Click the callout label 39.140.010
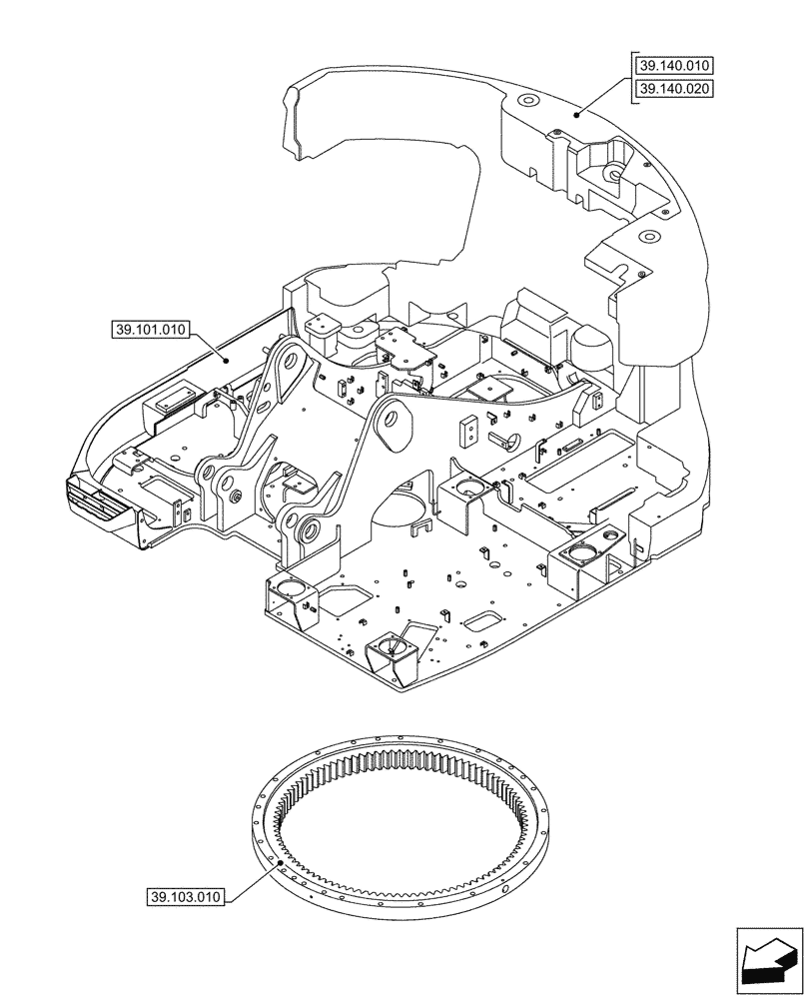coord(674,66)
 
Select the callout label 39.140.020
coord(674,89)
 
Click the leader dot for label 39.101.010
coord(227,360)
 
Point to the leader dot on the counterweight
coord(576,116)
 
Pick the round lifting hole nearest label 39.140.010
coord(526,102)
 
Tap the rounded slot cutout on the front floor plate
coord(485,621)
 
